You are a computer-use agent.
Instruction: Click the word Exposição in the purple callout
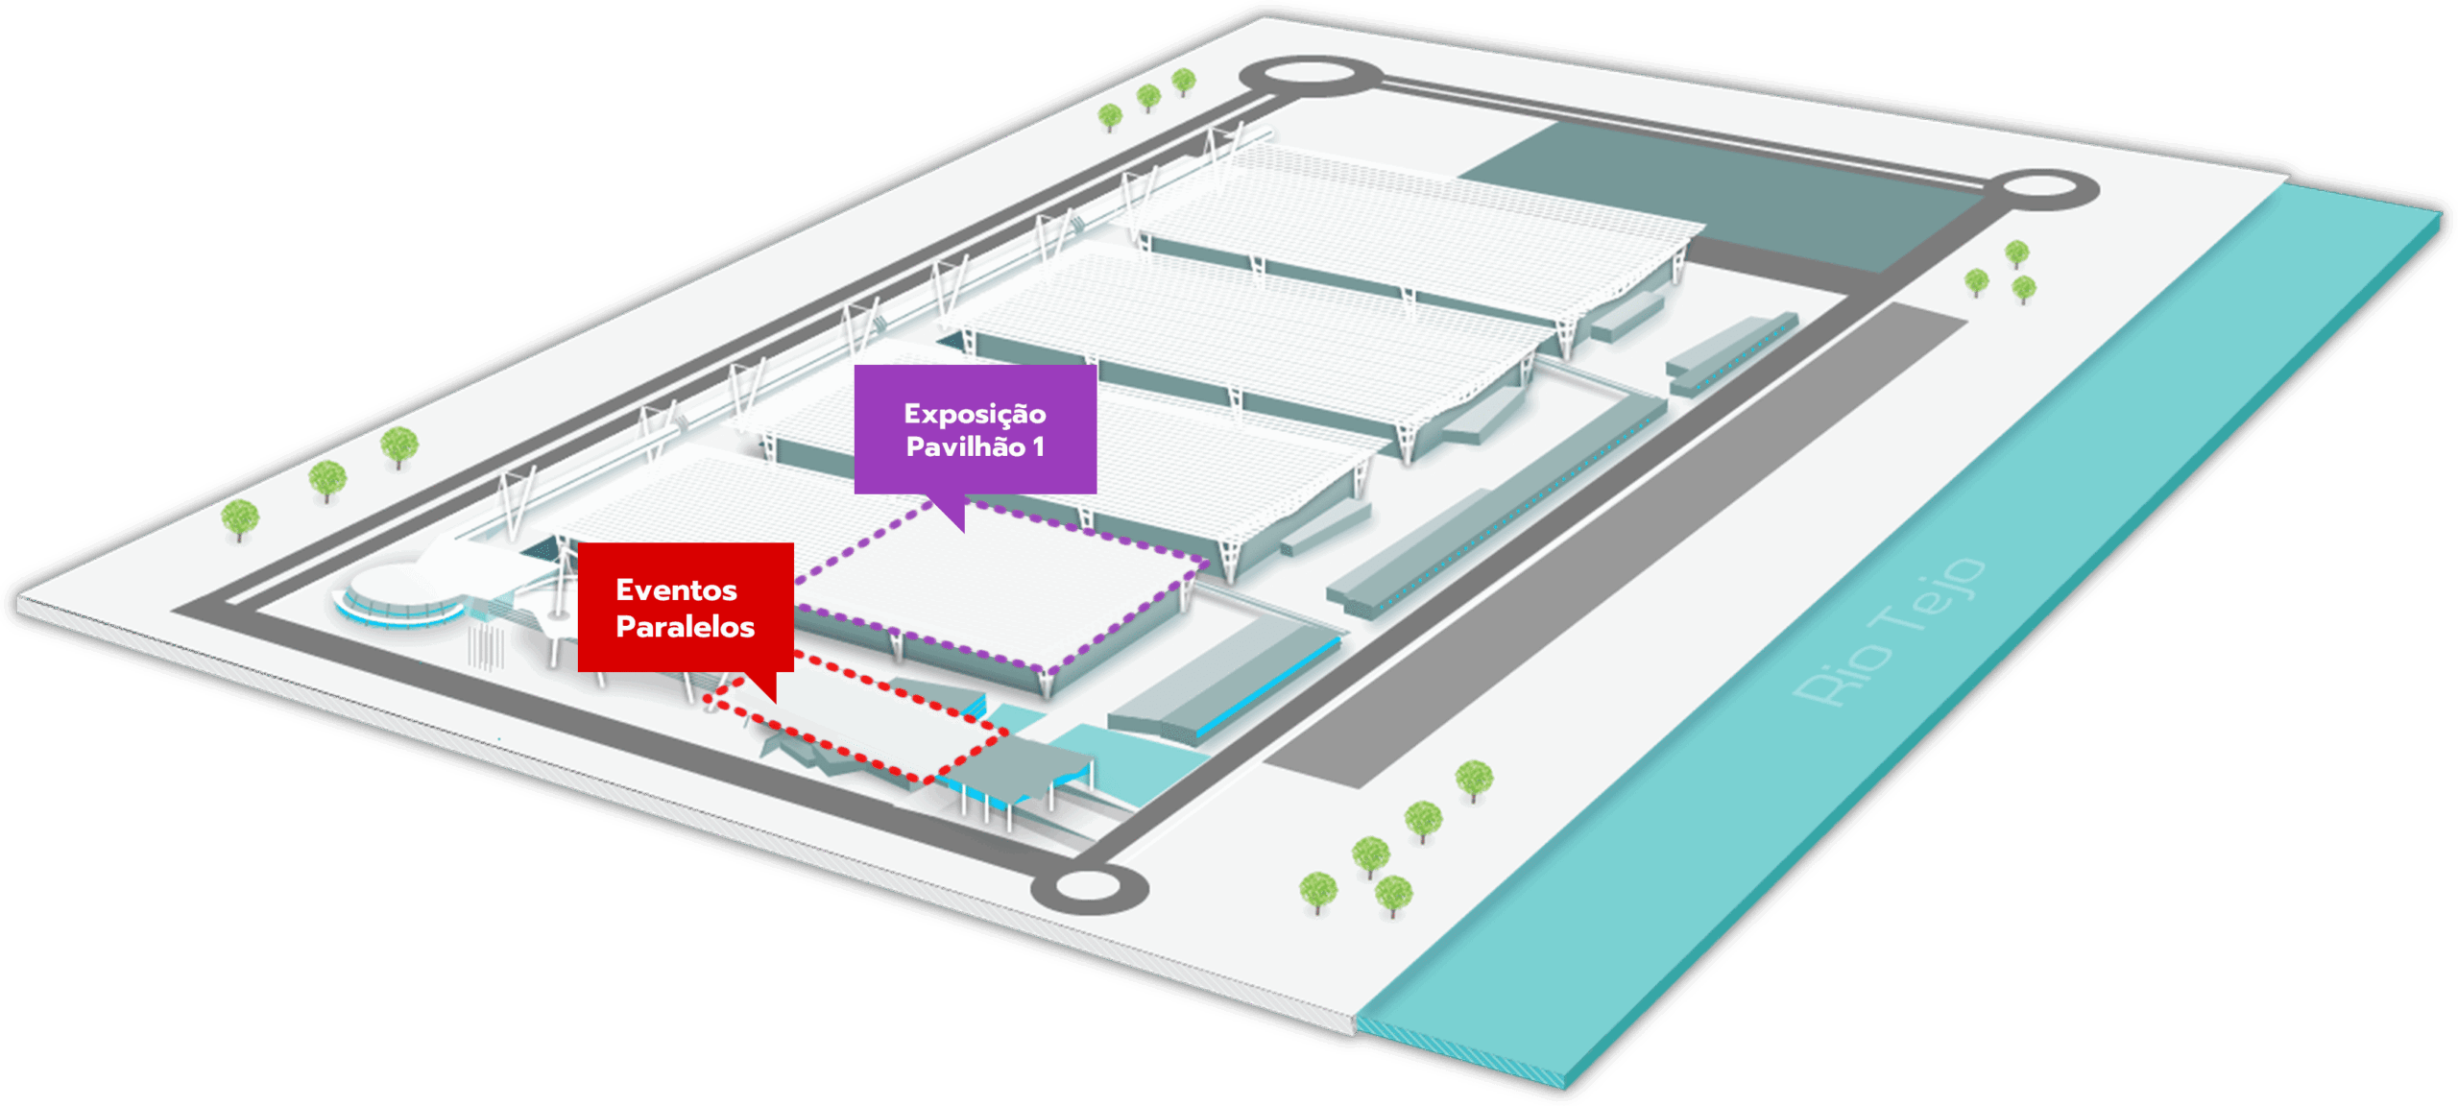(x=975, y=414)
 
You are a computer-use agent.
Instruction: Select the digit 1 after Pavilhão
(x=1038, y=447)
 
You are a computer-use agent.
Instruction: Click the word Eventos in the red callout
(x=676, y=589)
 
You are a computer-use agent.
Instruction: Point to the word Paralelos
(x=685, y=627)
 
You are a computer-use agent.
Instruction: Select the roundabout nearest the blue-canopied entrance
(x=1089, y=887)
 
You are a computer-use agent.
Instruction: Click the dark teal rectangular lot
(x=1719, y=192)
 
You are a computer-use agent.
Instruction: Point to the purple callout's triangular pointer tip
(x=962, y=531)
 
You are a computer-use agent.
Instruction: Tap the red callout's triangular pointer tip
(x=775, y=702)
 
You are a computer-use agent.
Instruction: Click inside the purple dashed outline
(x=999, y=586)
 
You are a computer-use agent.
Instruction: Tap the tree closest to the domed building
(x=240, y=519)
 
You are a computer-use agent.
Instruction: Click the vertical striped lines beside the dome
(x=486, y=647)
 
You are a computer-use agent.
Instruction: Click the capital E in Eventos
(x=624, y=589)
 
